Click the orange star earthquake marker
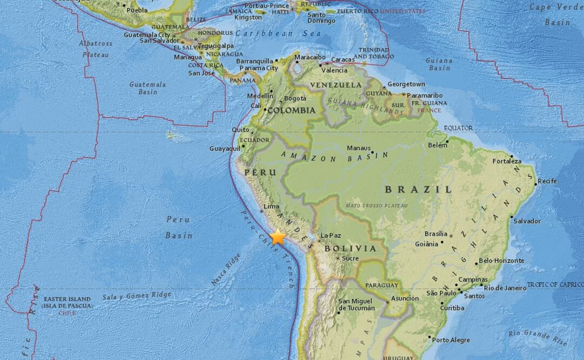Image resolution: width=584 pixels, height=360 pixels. point(278,237)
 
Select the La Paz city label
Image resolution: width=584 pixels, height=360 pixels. point(331,236)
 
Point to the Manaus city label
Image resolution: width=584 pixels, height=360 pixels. point(358,148)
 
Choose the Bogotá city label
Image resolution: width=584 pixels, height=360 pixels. point(295,98)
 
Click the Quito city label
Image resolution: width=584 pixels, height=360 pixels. point(240,130)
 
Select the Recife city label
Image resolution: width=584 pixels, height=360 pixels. point(547,181)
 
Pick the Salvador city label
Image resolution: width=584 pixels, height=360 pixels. point(527,221)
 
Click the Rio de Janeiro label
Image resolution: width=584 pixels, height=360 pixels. point(505,288)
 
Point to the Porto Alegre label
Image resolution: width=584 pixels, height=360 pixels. point(451,340)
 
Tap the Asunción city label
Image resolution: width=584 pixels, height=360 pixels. point(405,298)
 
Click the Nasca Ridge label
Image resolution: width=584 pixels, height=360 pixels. point(225,269)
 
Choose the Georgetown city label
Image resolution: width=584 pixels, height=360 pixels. point(406,84)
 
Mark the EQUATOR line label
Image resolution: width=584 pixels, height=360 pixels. point(458,128)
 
